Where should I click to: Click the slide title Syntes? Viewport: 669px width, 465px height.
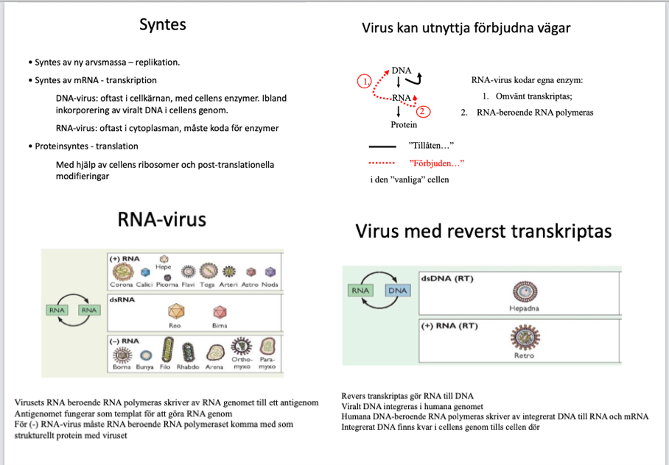pyautogui.click(x=163, y=24)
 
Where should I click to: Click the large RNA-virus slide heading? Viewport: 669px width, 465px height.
pyautogui.click(x=162, y=219)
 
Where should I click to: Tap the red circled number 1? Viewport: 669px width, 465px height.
pyautogui.click(x=362, y=81)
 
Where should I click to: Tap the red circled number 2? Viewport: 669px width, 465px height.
pyautogui.click(x=422, y=112)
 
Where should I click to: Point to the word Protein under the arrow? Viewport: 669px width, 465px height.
pyautogui.click(x=404, y=125)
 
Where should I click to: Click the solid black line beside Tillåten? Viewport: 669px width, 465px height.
pyautogui.click(x=382, y=146)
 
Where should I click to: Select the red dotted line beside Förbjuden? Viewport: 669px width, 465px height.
pyautogui.click(x=382, y=163)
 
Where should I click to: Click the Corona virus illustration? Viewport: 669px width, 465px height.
pyautogui.click(x=122, y=273)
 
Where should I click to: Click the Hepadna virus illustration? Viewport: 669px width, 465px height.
pyautogui.click(x=524, y=291)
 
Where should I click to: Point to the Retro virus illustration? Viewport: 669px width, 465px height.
pyautogui.click(x=524, y=338)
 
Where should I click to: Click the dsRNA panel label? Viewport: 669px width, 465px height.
pyautogui.click(x=122, y=299)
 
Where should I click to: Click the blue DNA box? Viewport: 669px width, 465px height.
pyautogui.click(x=397, y=290)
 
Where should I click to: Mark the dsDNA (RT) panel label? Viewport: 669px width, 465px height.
pyautogui.click(x=447, y=279)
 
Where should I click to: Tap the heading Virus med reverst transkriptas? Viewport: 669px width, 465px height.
pyautogui.click(x=483, y=232)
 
